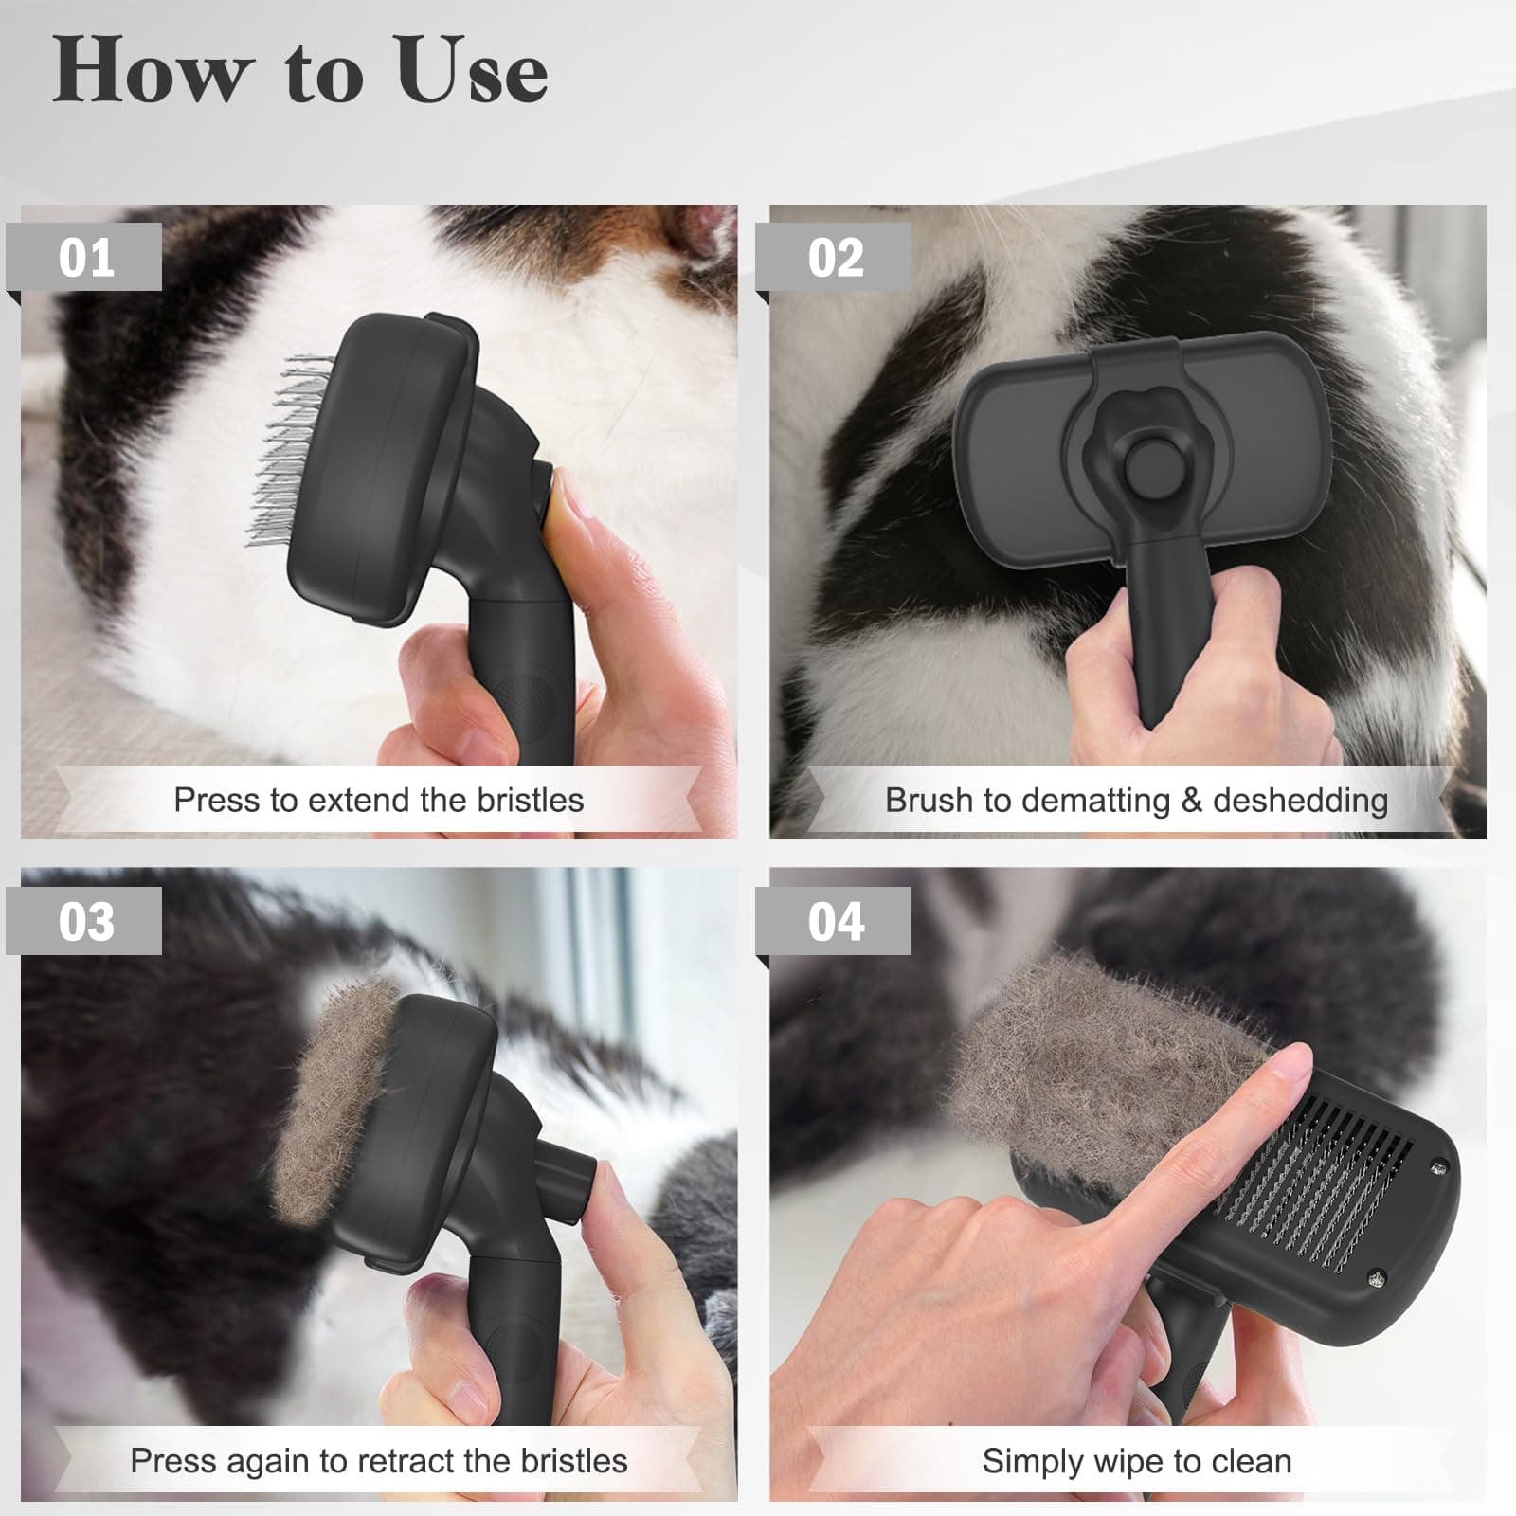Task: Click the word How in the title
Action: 152,72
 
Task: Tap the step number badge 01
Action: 85,257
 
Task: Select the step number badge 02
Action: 835,257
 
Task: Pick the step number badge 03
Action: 85,920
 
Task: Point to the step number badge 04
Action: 835,920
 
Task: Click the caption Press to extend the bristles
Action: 378,800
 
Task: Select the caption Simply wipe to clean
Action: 1136,1460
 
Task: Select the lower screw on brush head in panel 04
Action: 1377,1279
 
